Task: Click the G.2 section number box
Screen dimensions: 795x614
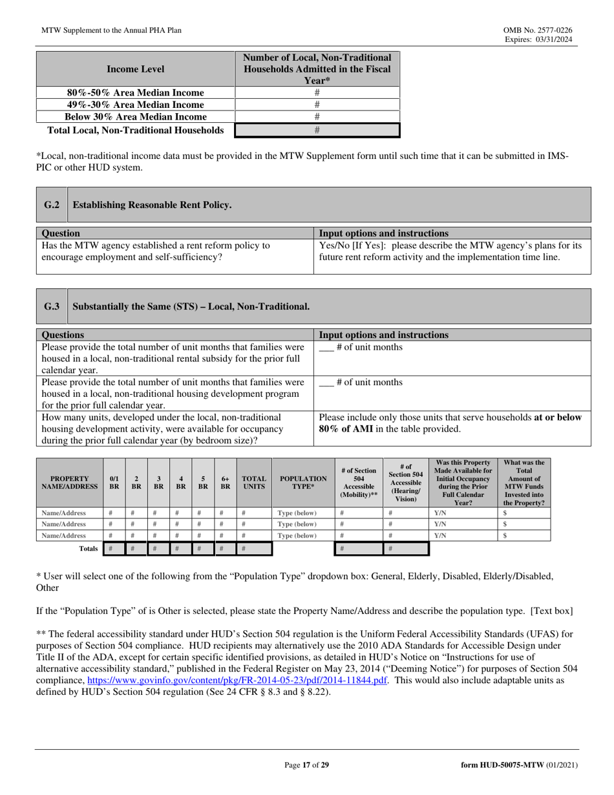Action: click(52, 205)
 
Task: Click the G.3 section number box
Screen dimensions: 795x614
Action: click(52, 306)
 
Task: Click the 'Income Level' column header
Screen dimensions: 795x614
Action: click(136, 69)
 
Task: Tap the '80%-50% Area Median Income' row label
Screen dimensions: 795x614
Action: click(136, 92)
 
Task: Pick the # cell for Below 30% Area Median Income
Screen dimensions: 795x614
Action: click(317, 117)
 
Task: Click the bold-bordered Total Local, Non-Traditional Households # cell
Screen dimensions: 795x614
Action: click(317, 130)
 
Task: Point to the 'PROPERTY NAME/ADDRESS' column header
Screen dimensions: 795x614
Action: click(70, 482)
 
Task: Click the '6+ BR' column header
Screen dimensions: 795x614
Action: click(225, 482)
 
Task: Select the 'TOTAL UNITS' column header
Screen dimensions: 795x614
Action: click(254, 482)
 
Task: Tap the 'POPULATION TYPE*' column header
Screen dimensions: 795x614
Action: click(302, 482)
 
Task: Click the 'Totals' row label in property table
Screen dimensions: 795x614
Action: click(88, 549)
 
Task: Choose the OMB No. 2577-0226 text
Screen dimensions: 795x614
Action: click(536, 30)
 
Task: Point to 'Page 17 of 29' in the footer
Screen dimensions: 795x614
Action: click(307, 765)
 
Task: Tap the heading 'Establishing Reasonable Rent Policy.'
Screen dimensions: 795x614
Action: click(152, 205)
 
